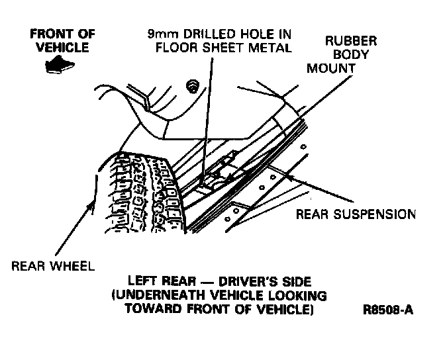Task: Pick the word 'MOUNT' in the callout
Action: click(x=330, y=67)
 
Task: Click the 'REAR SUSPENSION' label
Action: click(x=355, y=214)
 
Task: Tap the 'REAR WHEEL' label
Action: click(x=53, y=267)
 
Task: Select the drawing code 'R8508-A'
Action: click(x=387, y=308)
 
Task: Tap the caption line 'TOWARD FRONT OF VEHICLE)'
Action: click(x=221, y=308)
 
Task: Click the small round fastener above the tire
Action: click(x=193, y=85)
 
